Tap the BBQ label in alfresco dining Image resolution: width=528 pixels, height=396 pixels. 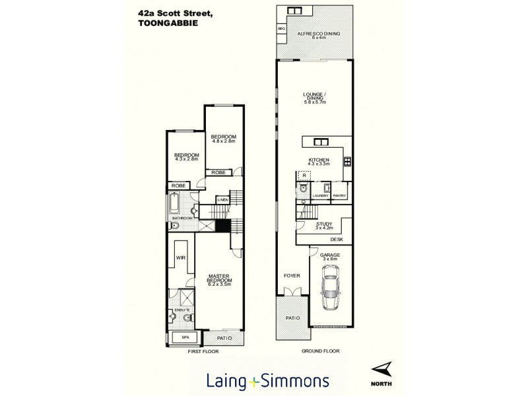click(281, 29)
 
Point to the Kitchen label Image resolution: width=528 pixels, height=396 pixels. click(319, 162)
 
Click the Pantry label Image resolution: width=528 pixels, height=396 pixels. click(340, 196)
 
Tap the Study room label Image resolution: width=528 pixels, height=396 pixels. click(323, 225)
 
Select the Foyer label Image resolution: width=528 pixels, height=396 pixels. click(292, 275)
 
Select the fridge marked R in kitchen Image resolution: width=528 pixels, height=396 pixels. click(304, 176)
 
